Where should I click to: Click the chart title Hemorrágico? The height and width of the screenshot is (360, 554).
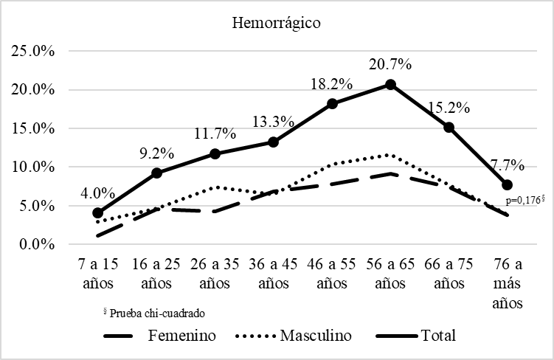[277, 23]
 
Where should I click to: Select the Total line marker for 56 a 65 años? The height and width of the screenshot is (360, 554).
[390, 84]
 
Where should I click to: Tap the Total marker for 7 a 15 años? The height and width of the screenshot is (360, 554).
[98, 212]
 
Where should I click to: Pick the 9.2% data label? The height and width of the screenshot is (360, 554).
[156, 153]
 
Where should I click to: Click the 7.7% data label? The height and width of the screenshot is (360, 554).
[508, 163]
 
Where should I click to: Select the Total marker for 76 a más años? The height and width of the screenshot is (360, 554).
[508, 184]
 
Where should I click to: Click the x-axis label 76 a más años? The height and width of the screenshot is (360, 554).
[508, 283]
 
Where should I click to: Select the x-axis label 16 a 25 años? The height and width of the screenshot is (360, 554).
[156, 274]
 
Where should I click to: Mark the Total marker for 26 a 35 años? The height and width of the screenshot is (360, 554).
[215, 153]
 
